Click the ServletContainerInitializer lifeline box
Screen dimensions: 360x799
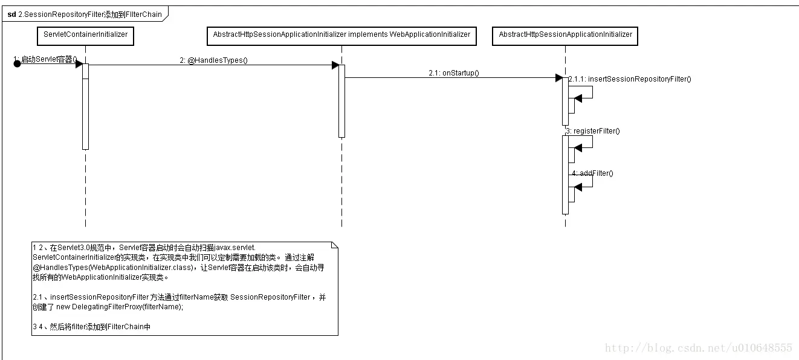click(85, 35)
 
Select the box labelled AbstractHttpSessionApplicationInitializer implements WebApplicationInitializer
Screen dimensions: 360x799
click(341, 35)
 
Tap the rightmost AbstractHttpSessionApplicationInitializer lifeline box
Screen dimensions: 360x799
click(565, 35)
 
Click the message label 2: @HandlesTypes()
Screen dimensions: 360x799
click(214, 60)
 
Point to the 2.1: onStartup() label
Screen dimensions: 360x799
click(453, 73)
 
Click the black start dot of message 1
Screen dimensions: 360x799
click(18, 64)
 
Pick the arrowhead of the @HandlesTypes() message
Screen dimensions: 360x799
click(335, 65)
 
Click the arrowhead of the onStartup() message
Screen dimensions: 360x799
click(559, 77)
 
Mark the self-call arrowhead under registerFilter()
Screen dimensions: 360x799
click(578, 148)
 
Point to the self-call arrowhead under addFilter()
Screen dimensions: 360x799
click(578, 187)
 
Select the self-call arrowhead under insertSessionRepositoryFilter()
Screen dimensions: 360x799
click(578, 98)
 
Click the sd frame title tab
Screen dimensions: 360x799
click(85, 14)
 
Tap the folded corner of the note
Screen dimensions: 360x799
click(334, 245)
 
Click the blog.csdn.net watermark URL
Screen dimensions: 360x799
click(698, 348)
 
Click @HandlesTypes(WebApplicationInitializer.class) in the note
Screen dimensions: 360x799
click(112, 268)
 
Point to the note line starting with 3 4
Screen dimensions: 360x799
click(91, 327)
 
